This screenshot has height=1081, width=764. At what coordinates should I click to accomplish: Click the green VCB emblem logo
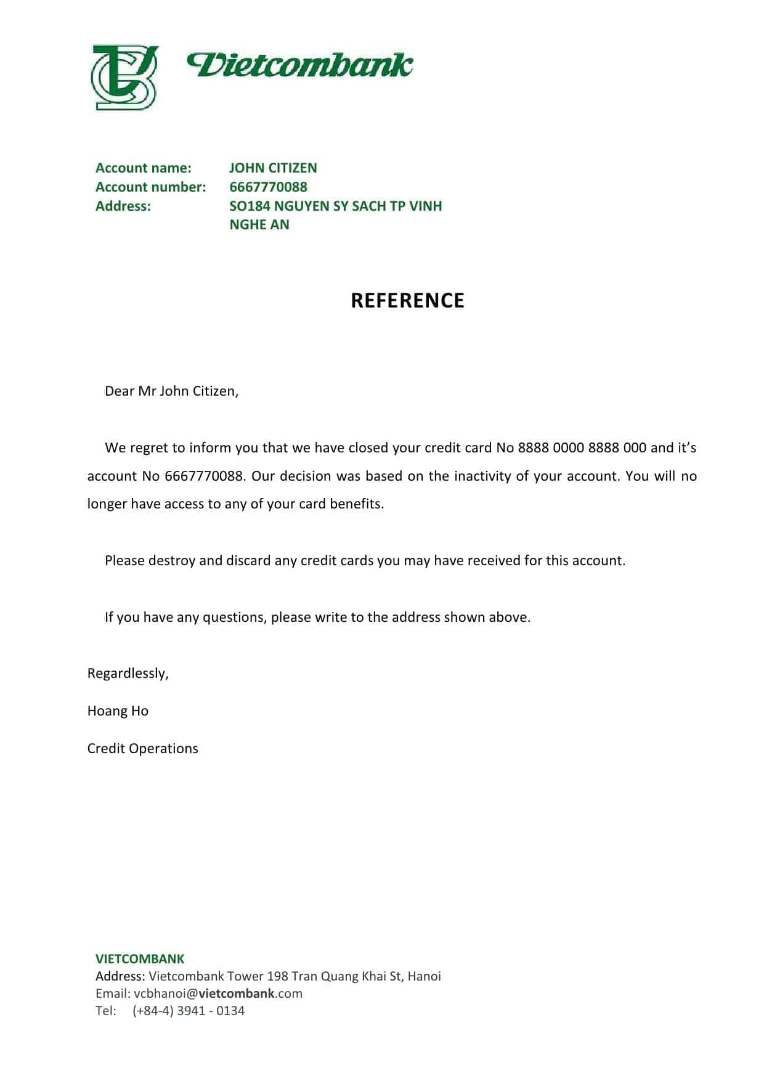[x=124, y=78]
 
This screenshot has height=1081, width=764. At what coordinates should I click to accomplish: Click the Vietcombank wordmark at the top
[x=300, y=65]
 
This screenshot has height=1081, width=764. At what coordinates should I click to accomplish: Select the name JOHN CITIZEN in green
[x=273, y=168]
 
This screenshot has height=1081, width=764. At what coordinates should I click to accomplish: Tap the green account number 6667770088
[x=268, y=187]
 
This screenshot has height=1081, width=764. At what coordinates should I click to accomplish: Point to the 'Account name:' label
[x=144, y=168]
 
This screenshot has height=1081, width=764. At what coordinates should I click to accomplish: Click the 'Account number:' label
[x=151, y=187]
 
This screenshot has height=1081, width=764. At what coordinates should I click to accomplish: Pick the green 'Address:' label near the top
[x=123, y=206]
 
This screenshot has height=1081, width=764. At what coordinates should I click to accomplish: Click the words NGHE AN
[x=259, y=224]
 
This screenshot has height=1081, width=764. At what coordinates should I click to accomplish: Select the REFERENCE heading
[x=407, y=300]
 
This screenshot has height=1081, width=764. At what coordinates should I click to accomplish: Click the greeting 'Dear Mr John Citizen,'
[x=171, y=391]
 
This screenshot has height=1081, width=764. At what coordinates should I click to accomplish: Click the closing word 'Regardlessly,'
[x=128, y=673]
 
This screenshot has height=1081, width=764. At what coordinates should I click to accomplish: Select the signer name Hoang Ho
[x=118, y=711]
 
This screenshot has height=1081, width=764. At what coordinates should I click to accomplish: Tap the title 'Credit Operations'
[x=142, y=748]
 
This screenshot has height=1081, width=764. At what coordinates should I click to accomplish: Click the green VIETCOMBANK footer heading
[x=140, y=958]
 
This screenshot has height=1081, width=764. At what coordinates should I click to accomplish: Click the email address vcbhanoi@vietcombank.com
[x=218, y=993]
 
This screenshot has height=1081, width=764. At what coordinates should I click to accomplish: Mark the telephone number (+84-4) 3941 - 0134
[x=188, y=1010]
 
